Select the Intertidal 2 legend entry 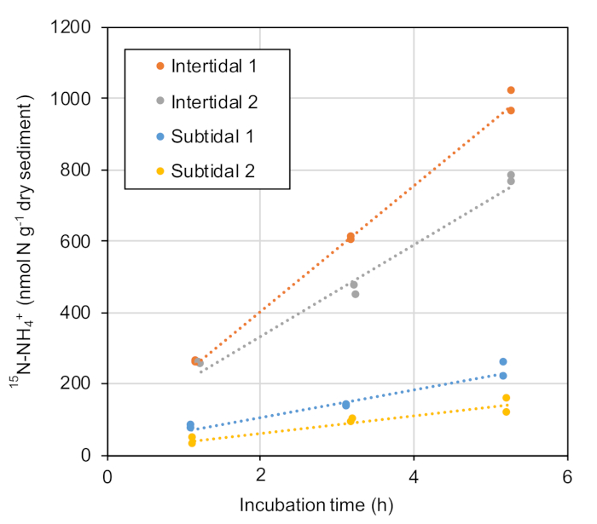pyautogui.click(x=213, y=101)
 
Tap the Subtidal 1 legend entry pyautogui.click(x=212, y=136)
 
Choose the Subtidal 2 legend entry pyautogui.click(x=212, y=171)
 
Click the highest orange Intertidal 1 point pyautogui.click(x=511, y=90)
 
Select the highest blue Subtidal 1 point pyautogui.click(x=503, y=362)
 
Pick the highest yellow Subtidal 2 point pyautogui.click(x=506, y=398)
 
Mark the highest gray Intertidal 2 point pyautogui.click(x=511, y=176)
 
